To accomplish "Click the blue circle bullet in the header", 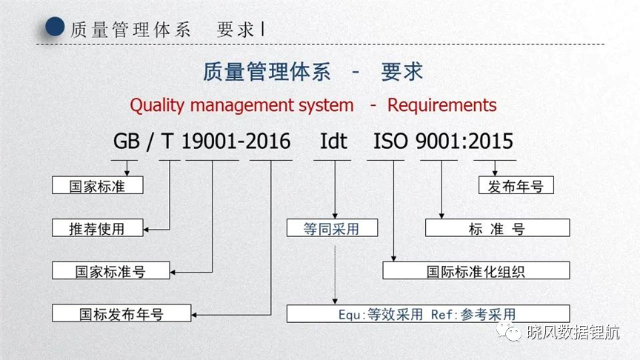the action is pyautogui.click(x=55, y=27).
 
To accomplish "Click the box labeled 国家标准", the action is pyautogui.click(x=98, y=185).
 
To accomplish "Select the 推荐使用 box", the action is pyautogui.click(x=98, y=227).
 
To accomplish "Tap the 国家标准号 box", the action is pyautogui.click(x=110, y=270).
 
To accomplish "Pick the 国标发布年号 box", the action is pyautogui.click(x=121, y=313).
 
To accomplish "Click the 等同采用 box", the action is pyautogui.click(x=333, y=227).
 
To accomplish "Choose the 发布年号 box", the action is pyautogui.click(x=516, y=185).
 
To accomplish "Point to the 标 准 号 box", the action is pyautogui.click(x=498, y=227).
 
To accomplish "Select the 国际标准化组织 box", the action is pyautogui.click(x=476, y=270).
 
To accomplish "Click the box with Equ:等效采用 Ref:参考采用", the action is pyautogui.click(x=428, y=313).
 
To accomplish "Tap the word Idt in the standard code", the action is pyautogui.click(x=333, y=141).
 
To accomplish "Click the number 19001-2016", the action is pyautogui.click(x=236, y=141).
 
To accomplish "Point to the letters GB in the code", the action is pyautogui.click(x=127, y=141).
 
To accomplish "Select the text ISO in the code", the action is pyautogui.click(x=390, y=141).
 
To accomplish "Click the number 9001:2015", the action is pyautogui.click(x=464, y=141).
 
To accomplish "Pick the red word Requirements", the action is pyautogui.click(x=442, y=105).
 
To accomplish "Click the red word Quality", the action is pyautogui.click(x=157, y=106).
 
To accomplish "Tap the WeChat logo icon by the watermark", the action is pyautogui.click(x=509, y=331).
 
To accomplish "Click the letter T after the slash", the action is pyautogui.click(x=167, y=141).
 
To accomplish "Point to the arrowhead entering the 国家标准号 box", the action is pyautogui.click(x=173, y=273).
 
